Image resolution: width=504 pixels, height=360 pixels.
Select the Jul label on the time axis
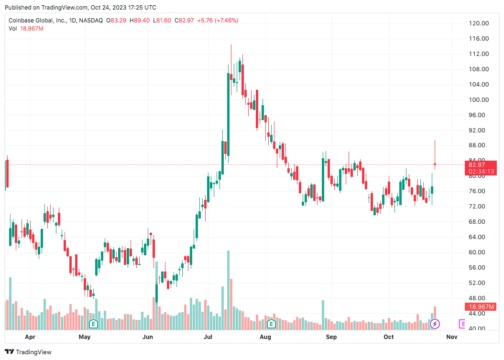pyautogui.click(x=208, y=337)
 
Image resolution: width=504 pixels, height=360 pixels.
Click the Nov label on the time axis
pyautogui.click(x=452, y=337)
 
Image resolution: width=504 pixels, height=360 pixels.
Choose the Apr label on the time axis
pyautogui.click(x=30, y=337)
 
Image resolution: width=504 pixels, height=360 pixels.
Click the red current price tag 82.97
pyautogui.click(x=479, y=165)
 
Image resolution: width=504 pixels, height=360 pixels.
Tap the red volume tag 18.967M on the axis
pyautogui.click(x=481, y=306)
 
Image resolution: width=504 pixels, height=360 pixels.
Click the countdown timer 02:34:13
pyautogui.click(x=481, y=171)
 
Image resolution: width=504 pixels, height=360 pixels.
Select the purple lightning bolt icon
pyautogui.click(x=435, y=324)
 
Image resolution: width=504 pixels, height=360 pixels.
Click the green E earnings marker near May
pyautogui.click(x=94, y=324)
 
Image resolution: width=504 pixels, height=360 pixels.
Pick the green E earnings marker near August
pyautogui.click(x=271, y=324)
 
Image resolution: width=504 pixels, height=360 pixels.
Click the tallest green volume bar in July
pyautogui.click(x=229, y=290)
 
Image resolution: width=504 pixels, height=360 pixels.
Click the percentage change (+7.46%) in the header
pyautogui.click(x=226, y=21)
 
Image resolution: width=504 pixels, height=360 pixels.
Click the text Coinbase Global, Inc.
pyautogui.click(x=38, y=21)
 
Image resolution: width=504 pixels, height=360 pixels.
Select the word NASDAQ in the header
pyautogui.click(x=91, y=21)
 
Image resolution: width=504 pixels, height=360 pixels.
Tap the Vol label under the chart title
pyautogui.click(x=13, y=29)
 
